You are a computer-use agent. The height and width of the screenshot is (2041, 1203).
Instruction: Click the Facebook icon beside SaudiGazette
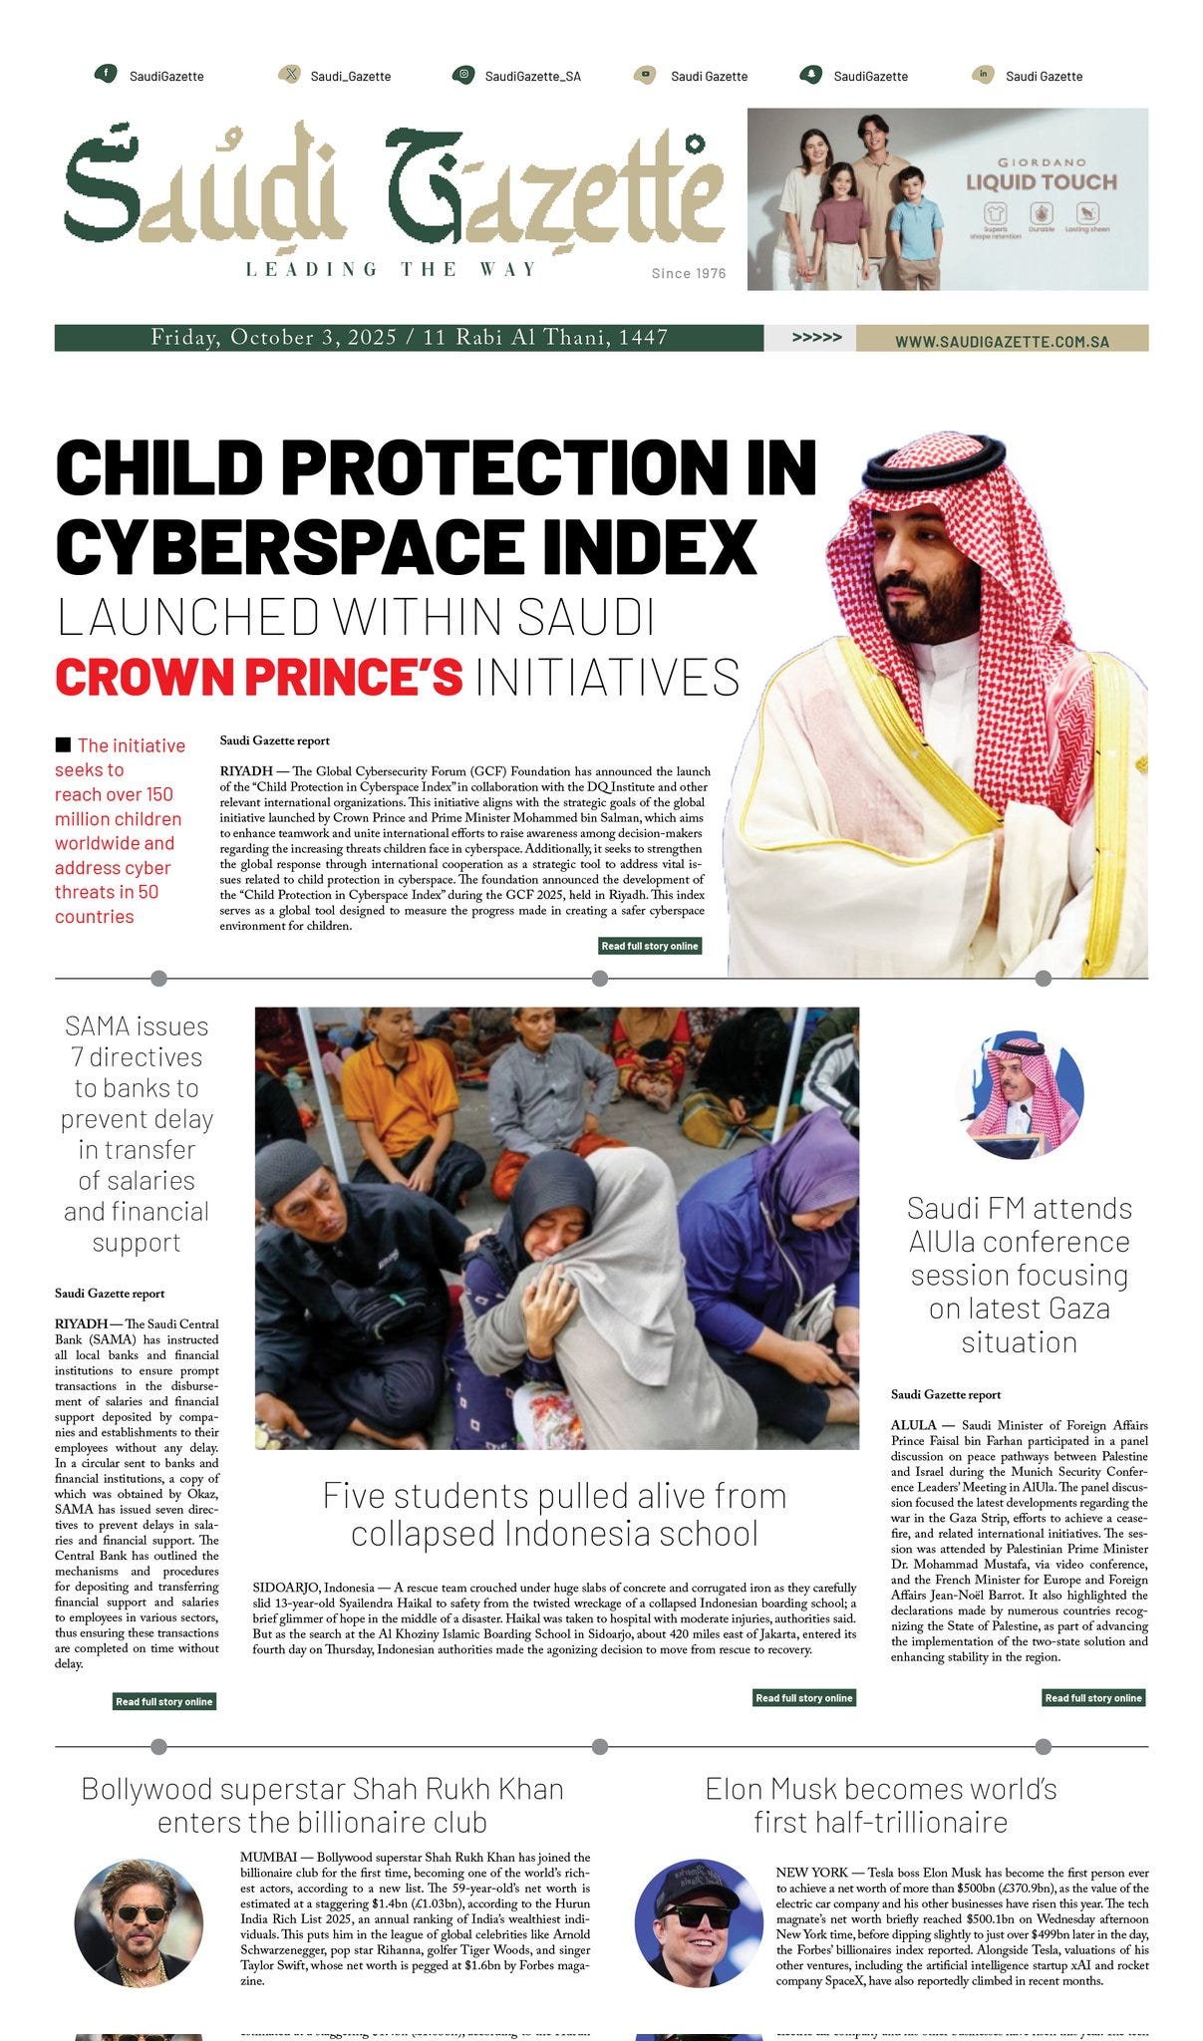pyautogui.click(x=105, y=75)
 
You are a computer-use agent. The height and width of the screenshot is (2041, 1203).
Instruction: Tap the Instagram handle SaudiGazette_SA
pyautogui.click(x=532, y=76)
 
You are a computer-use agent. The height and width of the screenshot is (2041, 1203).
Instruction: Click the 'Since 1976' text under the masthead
pyautogui.click(x=689, y=273)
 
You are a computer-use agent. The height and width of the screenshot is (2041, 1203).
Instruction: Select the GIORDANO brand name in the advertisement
pyautogui.click(x=1042, y=161)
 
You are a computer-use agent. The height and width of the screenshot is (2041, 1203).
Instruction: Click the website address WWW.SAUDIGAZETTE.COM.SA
pyautogui.click(x=1002, y=341)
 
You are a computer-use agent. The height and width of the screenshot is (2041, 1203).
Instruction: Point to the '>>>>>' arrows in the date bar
pyautogui.click(x=816, y=338)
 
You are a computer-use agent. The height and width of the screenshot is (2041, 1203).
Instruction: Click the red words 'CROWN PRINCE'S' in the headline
pyautogui.click(x=259, y=677)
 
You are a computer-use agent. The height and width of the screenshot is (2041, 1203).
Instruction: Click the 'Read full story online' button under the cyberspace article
pyautogui.click(x=650, y=946)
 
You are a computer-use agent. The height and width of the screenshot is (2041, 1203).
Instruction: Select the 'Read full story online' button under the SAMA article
pyautogui.click(x=164, y=1701)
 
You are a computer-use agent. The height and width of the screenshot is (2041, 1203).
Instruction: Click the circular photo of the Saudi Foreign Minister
pyautogui.click(x=1019, y=1094)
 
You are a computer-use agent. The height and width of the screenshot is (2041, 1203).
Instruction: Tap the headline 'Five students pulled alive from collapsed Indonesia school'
pyautogui.click(x=554, y=1514)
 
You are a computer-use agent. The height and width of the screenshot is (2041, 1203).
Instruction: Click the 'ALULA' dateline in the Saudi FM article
pyautogui.click(x=913, y=1425)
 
